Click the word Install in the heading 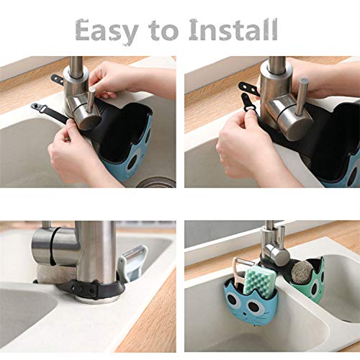[x=233, y=30]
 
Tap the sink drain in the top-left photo [x=156, y=183]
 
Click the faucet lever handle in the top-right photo [x=302, y=96]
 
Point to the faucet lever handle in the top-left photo [x=91, y=99]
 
